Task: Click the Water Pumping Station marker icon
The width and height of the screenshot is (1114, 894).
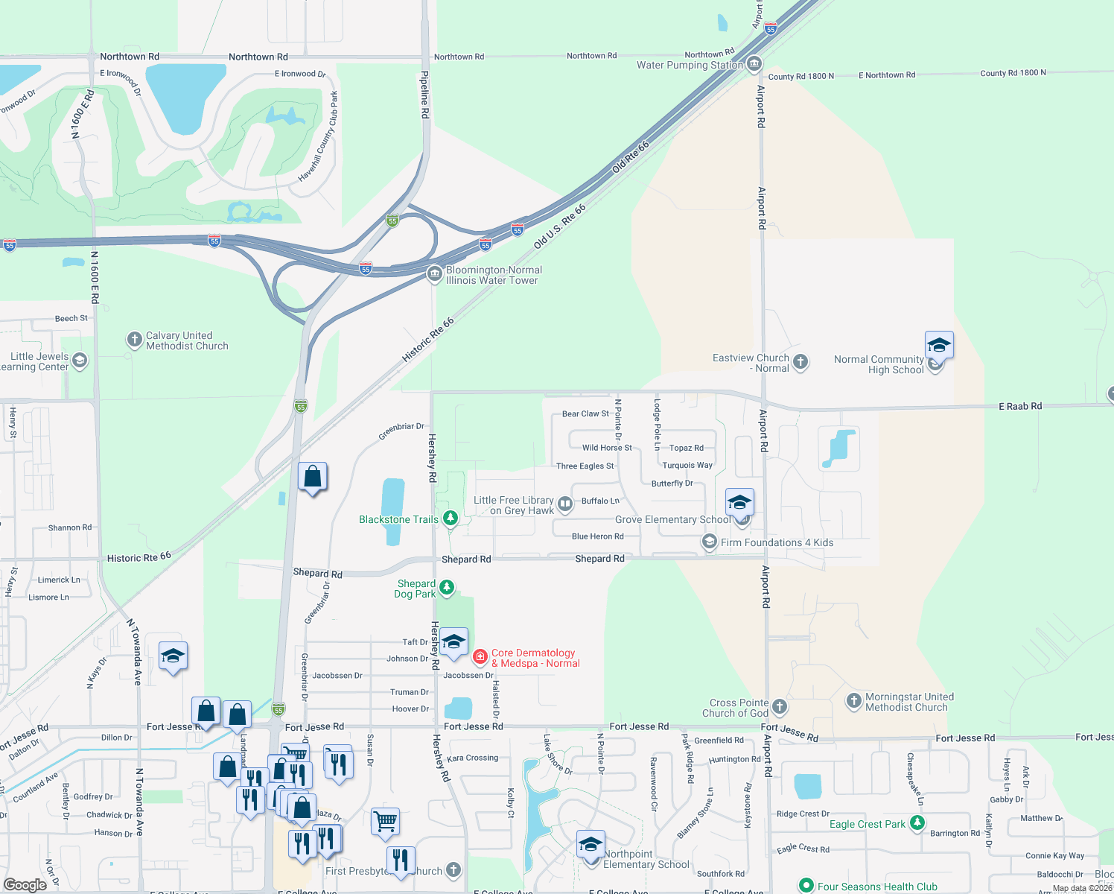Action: pyautogui.click(x=754, y=64)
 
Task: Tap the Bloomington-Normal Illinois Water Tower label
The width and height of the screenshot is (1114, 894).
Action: pyautogui.click(x=493, y=275)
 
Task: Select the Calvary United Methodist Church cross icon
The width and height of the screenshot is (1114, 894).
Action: pyautogui.click(x=134, y=340)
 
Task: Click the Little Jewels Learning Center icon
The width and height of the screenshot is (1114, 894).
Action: pyautogui.click(x=80, y=361)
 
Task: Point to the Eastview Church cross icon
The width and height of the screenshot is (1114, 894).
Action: pyautogui.click(x=801, y=362)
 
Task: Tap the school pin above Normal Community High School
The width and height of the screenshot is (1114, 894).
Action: pyautogui.click(x=939, y=346)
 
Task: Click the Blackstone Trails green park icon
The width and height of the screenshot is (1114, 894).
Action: pyautogui.click(x=450, y=518)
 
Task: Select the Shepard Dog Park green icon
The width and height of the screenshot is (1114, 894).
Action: pyautogui.click(x=447, y=588)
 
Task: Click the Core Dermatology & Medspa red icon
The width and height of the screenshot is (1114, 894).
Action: pyautogui.click(x=480, y=656)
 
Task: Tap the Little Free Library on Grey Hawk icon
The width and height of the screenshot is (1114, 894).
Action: pyautogui.click(x=565, y=504)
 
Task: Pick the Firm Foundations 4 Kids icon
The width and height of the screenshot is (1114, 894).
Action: pyautogui.click(x=710, y=542)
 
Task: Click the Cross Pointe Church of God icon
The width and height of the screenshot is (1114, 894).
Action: pyautogui.click(x=780, y=706)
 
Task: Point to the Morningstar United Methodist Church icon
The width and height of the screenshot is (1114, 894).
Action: pyautogui.click(x=854, y=700)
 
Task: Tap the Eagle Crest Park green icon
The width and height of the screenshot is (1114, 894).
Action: pyautogui.click(x=917, y=822)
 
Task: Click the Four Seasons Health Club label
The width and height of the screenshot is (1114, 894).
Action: pyautogui.click(x=877, y=887)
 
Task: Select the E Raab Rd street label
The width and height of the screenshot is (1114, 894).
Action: pyautogui.click(x=1020, y=406)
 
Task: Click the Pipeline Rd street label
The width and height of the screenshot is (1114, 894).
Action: pyautogui.click(x=424, y=95)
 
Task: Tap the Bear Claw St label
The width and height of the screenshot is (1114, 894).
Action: pyautogui.click(x=585, y=413)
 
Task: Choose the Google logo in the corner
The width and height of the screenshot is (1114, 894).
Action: pyautogui.click(x=25, y=884)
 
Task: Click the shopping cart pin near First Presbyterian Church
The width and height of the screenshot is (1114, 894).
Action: pyautogui.click(x=385, y=822)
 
